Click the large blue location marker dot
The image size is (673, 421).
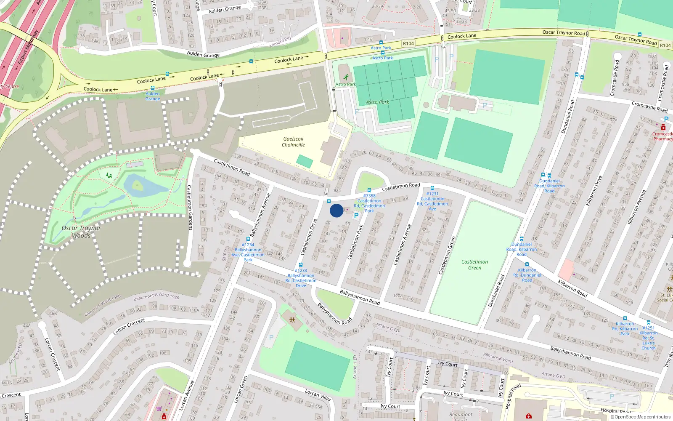pyautogui.click(x=336, y=210)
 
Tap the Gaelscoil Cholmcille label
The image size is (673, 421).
pyautogui.click(x=293, y=142)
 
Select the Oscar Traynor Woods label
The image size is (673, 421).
pyautogui.click(x=81, y=232)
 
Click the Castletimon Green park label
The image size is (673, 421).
pyautogui.click(x=474, y=264)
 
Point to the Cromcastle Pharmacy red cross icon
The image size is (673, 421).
pyautogui.click(x=663, y=128)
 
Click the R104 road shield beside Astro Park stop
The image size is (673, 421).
pyautogui.click(x=408, y=43)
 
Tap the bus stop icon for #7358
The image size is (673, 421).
pyautogui.click(x=369, y=191)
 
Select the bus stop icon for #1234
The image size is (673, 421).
pyautogui.click(x=248, y=239)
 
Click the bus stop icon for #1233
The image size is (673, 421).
pyautogui.click(x=301, y=265)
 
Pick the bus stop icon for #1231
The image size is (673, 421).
pyautogui.click(x=432, y=188)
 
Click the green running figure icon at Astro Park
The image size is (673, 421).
pyautogui.click(x=346, y=77)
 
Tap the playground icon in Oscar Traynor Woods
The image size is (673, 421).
pyautogui.click(x=109, y=175)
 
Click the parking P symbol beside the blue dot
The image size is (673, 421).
pyautogui.click(x=356, y=216)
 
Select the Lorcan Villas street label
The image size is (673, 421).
pyautogui.click(x=318, y=394)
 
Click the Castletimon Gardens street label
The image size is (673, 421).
pyautogui.click(x=189, y=208)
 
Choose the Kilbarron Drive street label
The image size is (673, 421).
pyautogui.click(x=594, y=190)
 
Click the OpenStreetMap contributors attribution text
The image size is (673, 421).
pyautogui.click(x=640, y=417)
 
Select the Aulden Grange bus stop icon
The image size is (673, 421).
pyautogui.click(x=153, y=88)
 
